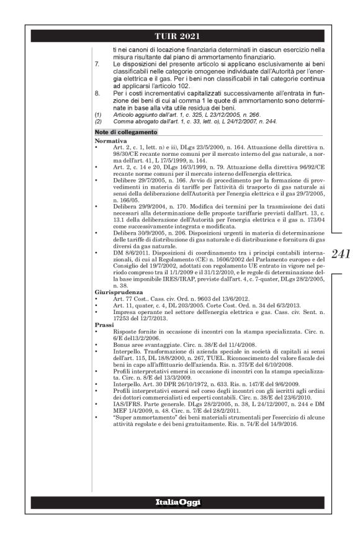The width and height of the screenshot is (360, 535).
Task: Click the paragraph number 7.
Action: pyautogui.click(x=96, y=64)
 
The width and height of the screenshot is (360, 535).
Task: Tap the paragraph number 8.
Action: pyautogui.click(x=96, y=92)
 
